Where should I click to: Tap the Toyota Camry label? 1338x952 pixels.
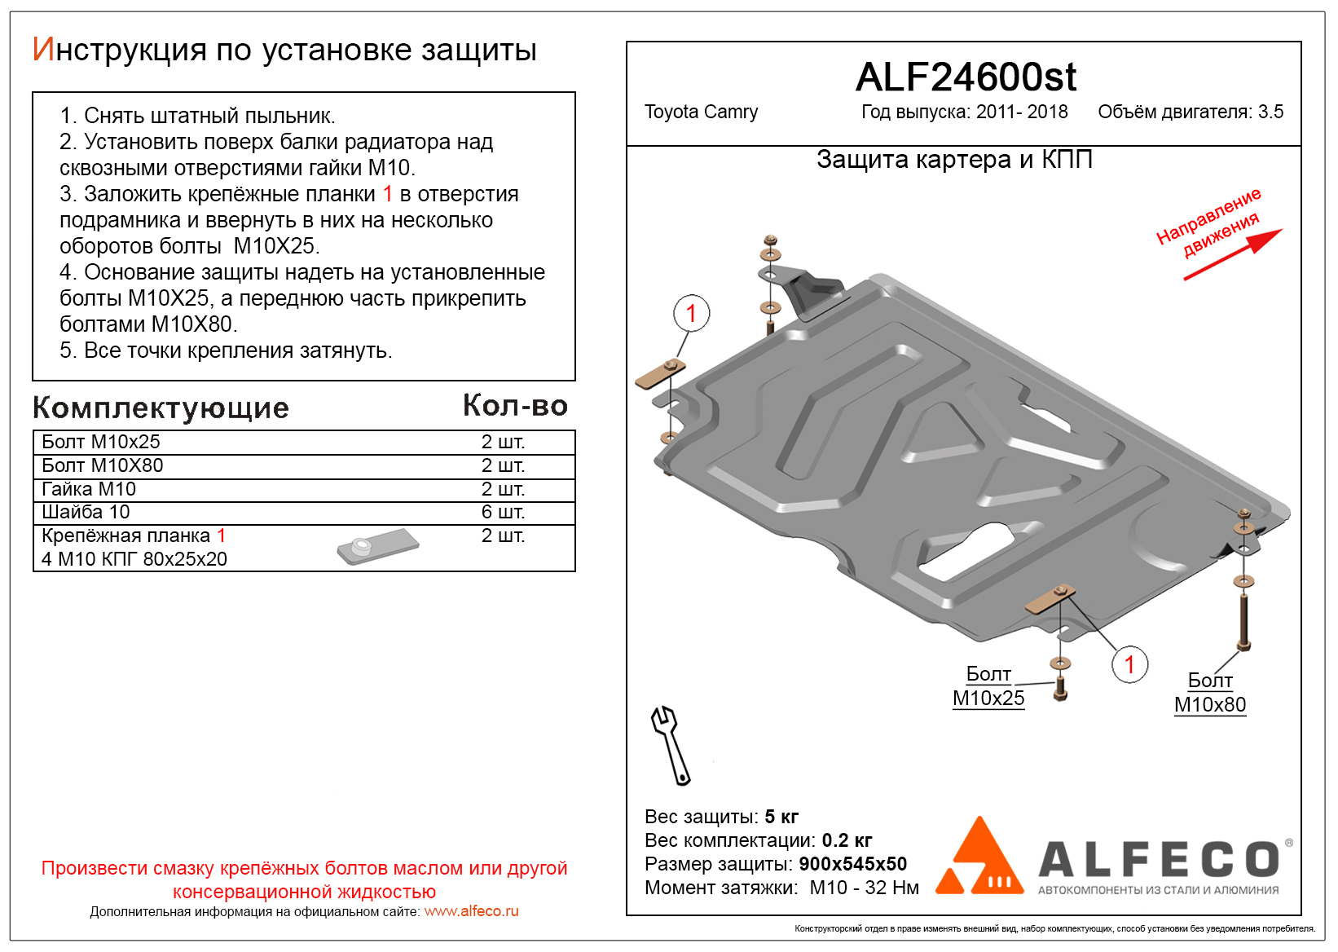click(701, 112)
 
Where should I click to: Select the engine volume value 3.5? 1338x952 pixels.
click(1270, 112)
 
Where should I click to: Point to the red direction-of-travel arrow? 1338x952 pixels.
click(1232, 254)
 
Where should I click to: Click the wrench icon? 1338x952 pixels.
click(671, 744)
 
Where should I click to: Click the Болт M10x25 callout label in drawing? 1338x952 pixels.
click(988, 686)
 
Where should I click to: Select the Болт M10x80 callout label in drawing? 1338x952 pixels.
click(1210, 693)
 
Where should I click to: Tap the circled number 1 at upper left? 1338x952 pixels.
click(691, 313)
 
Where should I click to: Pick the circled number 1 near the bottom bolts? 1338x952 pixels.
click(1129, 665)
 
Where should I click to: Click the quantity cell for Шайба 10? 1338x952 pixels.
click(503, 512)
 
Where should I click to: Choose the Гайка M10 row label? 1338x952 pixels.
click(89, 489)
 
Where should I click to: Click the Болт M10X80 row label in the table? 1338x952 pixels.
click(103, 465)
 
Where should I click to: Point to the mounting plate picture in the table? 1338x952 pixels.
click(377, 546)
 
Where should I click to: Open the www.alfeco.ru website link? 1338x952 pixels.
click(471, 911)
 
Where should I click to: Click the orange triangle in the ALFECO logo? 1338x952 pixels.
click(979, 859)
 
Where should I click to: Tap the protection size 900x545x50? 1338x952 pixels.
click(852, 864)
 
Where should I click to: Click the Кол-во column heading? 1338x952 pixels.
click(515, 405)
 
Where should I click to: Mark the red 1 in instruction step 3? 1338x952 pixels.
click(388, 194)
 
